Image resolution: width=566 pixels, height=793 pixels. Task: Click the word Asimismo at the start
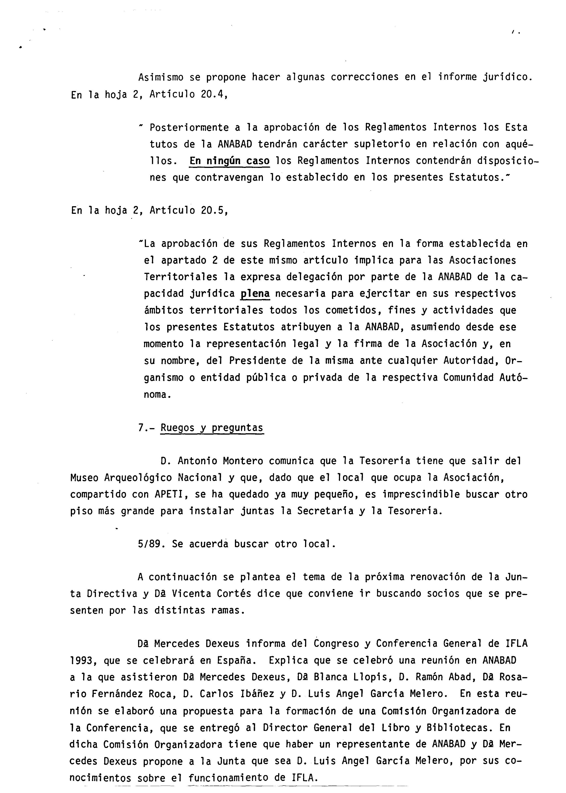[161, 77]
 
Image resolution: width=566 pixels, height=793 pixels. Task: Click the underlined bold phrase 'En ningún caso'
[229, 161]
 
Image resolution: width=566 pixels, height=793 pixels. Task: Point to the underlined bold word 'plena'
[255, 294]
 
